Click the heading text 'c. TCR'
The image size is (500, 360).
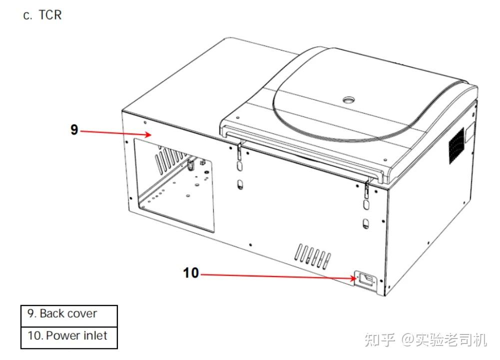pyautogui.click(x=42, y=15)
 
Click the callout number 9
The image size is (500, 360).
pyautogui.click(x=74, y=130)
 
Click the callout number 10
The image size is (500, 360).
pyautogui.click(x=191, y=273)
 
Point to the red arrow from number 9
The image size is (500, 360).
pyautogui.click(x=115, y=133)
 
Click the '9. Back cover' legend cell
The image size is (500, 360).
pyautogui.click(x=69, y=314)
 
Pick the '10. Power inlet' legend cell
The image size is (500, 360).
pyautogui.click(x=69, y=335)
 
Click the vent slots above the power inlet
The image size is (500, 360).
pyautogui.click(x=312, y=254)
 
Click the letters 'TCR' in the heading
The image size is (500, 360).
pyautogui.click(x=50, y=15)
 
